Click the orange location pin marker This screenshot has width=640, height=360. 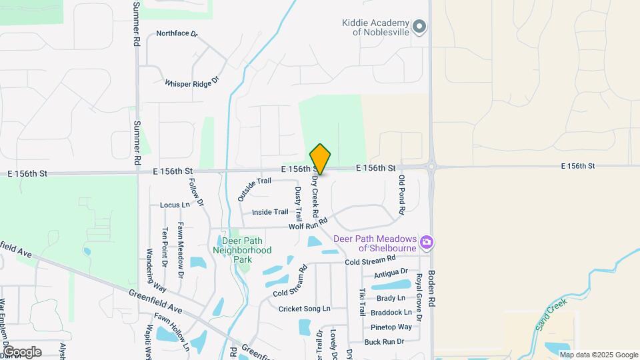[x=320, y=159]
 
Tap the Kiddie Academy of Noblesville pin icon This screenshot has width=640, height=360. [x=419, y=27]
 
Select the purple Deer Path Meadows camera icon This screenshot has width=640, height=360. [x=427, y=241]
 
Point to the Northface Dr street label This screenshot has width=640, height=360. [x=177, y=33]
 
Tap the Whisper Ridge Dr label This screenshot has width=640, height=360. [x=192, y=83]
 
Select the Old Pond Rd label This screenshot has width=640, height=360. [x=401, y=194]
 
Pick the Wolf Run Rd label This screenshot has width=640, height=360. [x=309, y=224]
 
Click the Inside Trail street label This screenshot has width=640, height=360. [x=270, y=212]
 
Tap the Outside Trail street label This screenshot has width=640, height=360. [x=254, y=189]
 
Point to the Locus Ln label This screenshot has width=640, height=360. [x=175, y=205]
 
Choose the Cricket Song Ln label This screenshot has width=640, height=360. [x=304, y=309]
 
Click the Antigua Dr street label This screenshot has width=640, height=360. [x=391, y=273]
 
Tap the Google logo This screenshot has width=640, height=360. [x=21, y=352]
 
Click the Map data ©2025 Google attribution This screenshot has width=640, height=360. [x=599, y=355]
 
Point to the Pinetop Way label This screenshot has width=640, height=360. [x=391, y=327]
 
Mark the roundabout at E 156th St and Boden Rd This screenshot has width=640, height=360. [x=431, y=167]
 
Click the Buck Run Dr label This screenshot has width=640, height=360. [x=385, y=341]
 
